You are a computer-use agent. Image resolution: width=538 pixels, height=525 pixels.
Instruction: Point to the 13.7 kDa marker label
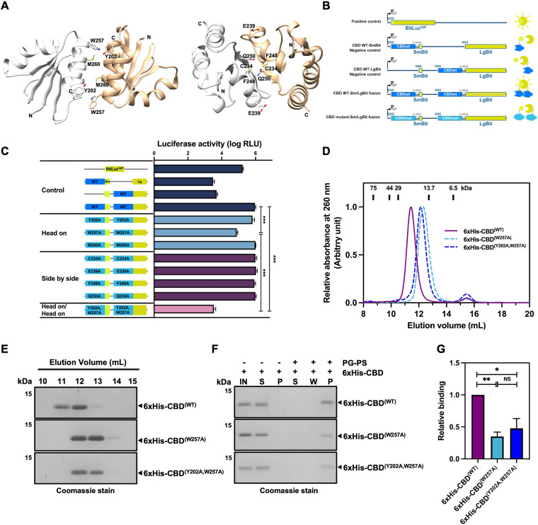(427, 187)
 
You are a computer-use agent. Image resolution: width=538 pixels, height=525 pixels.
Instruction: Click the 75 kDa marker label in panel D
(372, 187)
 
